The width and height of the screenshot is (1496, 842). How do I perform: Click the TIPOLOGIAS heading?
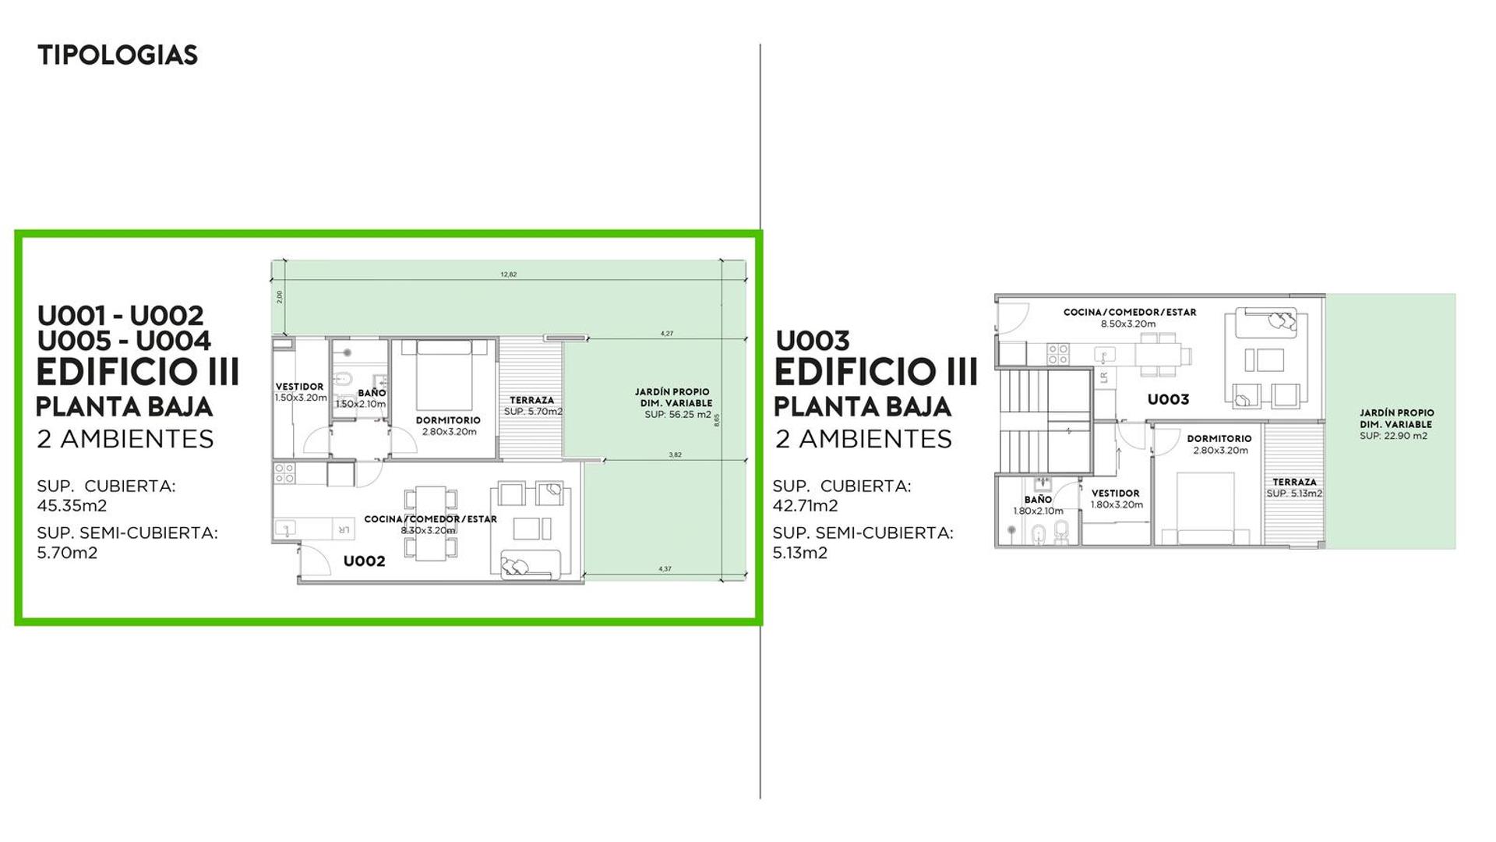point(118,55)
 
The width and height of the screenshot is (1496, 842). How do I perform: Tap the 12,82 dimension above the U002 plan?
point(508,274)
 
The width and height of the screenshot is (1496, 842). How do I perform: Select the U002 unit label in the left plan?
point(364,561)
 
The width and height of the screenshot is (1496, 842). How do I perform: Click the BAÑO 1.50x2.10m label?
point(361,398)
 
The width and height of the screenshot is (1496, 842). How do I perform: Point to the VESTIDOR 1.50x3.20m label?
point(300,392)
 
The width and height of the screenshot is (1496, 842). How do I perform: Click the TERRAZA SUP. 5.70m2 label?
point(532,405)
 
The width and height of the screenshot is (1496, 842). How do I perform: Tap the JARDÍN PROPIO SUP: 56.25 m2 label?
point(672,403)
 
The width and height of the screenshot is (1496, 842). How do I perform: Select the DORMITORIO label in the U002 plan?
point(448,426)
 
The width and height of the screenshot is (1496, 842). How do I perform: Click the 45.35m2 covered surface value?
point(72,505)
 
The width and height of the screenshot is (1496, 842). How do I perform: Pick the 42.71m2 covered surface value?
point(805,505)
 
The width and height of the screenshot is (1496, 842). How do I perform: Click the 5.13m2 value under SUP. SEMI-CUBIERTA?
point(799,553)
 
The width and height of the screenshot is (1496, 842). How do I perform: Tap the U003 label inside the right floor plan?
point(1168,400)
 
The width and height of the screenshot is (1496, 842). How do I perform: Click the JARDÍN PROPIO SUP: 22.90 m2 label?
point(1396,424)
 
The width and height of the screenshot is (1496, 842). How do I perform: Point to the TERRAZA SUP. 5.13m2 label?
point(1294,488)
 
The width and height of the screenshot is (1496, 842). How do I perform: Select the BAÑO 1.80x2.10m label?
point(1038,505)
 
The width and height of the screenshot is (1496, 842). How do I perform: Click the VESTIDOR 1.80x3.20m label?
point(1116,499)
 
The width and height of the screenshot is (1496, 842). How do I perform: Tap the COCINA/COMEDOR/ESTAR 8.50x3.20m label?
point(1129,318)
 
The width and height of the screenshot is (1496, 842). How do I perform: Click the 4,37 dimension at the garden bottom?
point(665,569)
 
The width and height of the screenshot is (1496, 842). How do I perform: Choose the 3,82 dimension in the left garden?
point(675,455)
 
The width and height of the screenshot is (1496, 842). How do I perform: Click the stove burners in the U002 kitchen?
point(284,473)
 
